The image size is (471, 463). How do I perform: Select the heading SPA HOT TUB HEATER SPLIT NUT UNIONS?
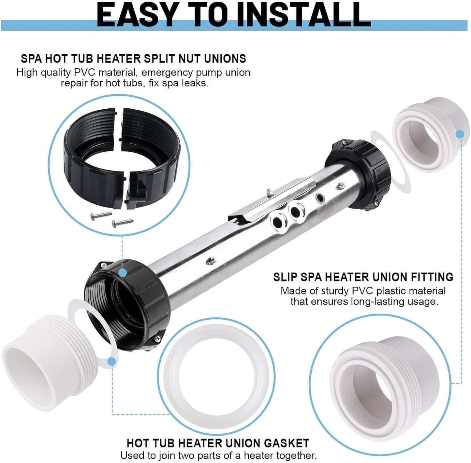[133, 59]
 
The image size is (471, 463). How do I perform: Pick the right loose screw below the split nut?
[123, 222]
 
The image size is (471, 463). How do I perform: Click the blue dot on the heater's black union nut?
[123, 272]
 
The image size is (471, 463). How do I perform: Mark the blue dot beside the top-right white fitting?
[460, 134]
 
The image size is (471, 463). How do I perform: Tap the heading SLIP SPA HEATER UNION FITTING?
[363, 277]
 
